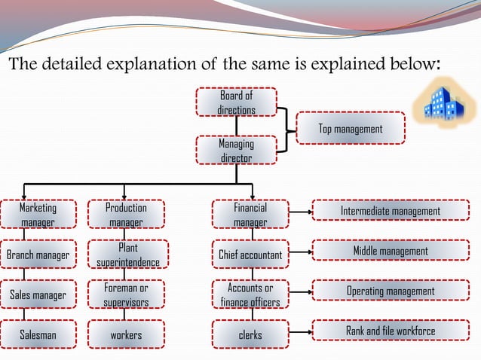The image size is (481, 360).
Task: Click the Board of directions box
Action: coord(237,102)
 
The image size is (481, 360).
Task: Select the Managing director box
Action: coord(237,150)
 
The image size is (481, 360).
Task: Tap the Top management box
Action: coord(351,129)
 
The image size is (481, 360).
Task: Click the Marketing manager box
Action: coord(38,214)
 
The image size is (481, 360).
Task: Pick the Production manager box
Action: coord(127,214)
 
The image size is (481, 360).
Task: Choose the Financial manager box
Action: coord(250,214)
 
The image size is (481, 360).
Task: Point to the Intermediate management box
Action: coord(391,211)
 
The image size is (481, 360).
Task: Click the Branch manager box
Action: coord(38,255)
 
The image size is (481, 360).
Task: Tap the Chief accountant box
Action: coord(250,255)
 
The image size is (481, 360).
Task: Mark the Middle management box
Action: coord(391,251)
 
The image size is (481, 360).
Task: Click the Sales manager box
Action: coord(38,294)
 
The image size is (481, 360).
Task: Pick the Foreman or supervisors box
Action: coord(127,294)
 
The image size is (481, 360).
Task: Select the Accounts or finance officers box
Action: coord(250,294)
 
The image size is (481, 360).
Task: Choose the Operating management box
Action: coord(391,291)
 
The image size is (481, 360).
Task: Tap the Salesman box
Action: coord(38,334)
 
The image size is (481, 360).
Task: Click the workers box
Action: coord(127,334)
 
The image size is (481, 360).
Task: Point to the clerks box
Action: coord(250,334)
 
